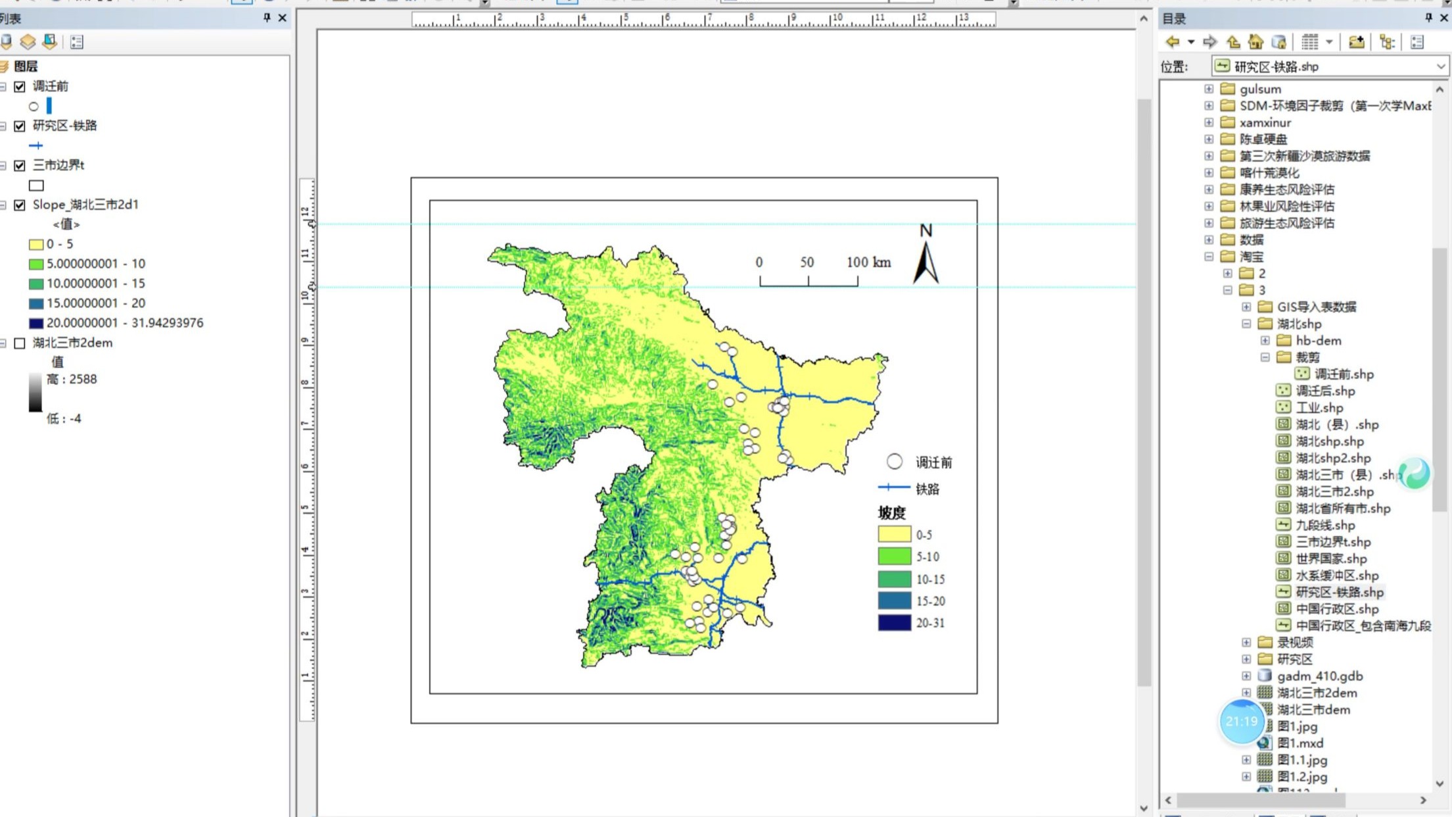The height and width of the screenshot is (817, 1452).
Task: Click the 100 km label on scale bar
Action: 868,262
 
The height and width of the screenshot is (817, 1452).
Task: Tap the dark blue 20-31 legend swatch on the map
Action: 894,622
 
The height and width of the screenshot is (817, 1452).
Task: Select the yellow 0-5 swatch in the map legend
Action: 894,534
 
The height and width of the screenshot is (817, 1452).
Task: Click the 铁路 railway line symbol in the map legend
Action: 893,487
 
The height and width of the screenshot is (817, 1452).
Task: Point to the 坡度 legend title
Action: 891,512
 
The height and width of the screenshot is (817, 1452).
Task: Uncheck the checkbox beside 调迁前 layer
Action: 20,86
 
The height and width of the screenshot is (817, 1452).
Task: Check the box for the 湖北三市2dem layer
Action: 20,343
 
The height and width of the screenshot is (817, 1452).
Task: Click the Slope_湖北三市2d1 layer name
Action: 85,205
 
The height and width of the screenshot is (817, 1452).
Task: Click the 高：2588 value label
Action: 72,379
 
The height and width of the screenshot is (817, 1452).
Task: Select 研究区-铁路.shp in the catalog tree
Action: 1339,592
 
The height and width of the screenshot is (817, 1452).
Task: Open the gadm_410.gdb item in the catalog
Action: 1319,676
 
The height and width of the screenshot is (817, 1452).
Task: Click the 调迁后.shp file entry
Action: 1324,391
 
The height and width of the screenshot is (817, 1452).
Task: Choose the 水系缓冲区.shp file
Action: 1336,576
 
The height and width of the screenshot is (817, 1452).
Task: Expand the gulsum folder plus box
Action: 1208,89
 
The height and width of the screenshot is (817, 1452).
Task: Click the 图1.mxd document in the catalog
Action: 1300,743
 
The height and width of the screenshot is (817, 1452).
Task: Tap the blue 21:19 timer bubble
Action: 1241,722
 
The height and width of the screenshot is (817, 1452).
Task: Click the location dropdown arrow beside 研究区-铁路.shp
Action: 1440,66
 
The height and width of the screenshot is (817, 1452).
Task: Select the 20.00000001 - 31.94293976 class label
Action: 124,323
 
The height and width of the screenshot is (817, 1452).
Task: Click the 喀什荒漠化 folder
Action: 1269,172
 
